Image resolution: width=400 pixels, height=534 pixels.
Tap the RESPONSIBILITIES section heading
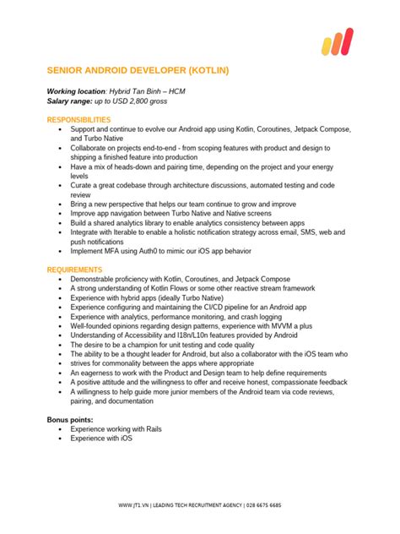(x=78, y=120)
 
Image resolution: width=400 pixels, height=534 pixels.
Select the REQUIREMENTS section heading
(x=75, y=269)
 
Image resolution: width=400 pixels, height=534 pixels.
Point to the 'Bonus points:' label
(x=69, y=419)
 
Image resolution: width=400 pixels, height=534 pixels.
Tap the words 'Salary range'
(x=68, y=101)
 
